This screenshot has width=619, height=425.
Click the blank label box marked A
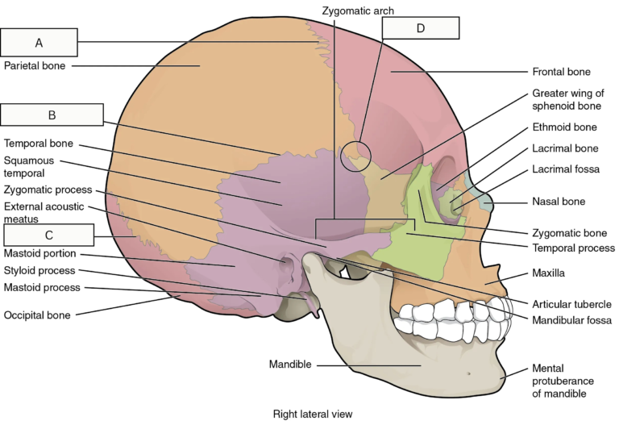[39, 42]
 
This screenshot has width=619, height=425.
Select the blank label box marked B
[52, 115]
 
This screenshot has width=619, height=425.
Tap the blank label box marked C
[49, 235]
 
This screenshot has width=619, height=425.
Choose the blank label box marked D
[421, 28]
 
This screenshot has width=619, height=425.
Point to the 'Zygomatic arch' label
[358, 10]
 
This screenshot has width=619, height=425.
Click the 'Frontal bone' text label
[561, 72]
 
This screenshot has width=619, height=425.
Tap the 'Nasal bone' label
[559, 202]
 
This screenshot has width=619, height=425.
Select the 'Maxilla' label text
[548, 273]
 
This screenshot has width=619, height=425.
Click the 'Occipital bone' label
[37, 315]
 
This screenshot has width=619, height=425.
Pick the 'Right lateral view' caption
[313, 414]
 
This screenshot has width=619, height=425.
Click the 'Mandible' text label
[290, 365]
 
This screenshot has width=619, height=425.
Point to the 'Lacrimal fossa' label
[566, 169]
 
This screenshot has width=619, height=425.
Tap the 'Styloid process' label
[39, 270]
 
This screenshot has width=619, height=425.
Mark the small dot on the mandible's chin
[468, 373]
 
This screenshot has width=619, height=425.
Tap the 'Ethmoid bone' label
[564, 127]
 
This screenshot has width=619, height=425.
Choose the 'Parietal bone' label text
[35, 65]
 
